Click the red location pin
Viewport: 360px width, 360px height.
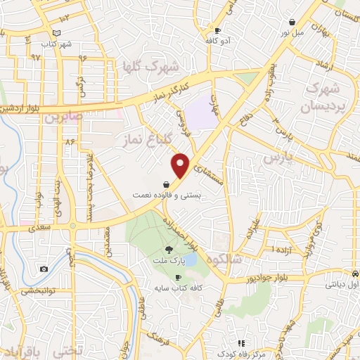pos(181,165)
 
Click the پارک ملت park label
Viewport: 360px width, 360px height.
pos(168,261)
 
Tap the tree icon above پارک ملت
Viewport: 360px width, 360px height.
pos(168,250)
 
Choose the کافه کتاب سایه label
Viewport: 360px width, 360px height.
pos(178,288)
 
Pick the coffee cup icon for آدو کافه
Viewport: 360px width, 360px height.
pos(217,31)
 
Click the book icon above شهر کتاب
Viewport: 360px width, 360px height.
pos(57,33)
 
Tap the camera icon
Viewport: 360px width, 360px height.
pos(44,269)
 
